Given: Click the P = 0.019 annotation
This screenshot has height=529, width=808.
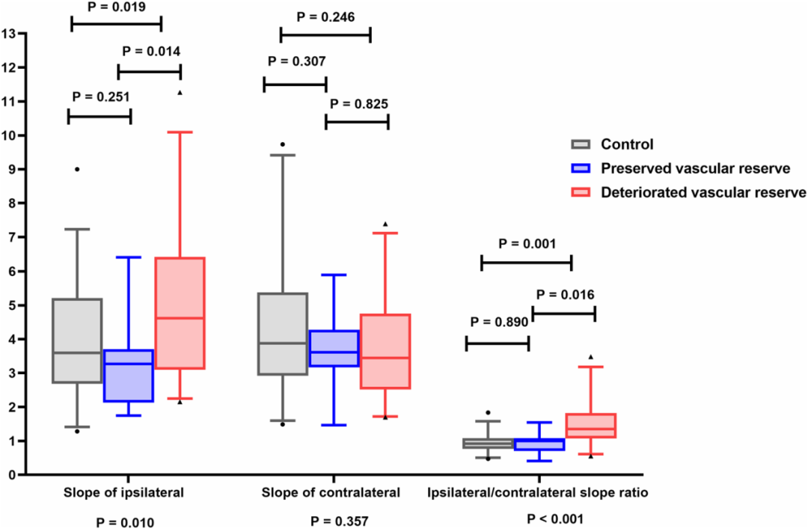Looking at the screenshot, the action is click(x=117, y=7).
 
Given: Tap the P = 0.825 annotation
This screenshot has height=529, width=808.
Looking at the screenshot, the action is click(x=359, y=104).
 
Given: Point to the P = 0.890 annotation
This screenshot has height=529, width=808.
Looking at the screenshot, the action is click(x=499, y=322).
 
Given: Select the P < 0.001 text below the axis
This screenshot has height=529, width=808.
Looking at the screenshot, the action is click(x=555, y=519).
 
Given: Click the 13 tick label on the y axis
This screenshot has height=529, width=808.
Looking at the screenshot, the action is click(x=8, y=34).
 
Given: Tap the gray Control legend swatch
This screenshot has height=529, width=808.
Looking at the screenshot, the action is click(x=581, y=144).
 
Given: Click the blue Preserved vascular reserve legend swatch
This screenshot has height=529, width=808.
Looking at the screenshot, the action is click(x=581, y=168).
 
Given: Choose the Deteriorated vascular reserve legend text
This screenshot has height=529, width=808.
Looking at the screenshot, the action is click(x=703, y=192).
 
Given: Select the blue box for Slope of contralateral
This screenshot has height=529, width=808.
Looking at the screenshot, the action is click(x=334, y=349).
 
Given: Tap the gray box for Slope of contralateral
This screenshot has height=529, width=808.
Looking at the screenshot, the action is click(x=283, y=334).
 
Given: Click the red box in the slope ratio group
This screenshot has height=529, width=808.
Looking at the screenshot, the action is click(x=590, y=426).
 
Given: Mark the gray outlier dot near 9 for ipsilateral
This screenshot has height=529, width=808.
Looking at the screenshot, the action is click(x=77, y=169).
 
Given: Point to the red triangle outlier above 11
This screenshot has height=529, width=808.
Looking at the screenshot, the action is click(x=180, y=93).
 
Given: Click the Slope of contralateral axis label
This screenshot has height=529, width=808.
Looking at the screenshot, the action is click(x=331, y=493).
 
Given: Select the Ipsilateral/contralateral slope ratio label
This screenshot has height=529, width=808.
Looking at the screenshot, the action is click(x=537, y=493).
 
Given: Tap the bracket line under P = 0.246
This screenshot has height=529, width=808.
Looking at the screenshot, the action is click(x=325, y=36).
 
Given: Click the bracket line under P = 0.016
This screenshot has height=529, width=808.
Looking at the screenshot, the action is click(x=564, y=314).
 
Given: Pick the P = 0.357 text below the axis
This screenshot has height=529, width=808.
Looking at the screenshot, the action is click(x=340, y=522).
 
